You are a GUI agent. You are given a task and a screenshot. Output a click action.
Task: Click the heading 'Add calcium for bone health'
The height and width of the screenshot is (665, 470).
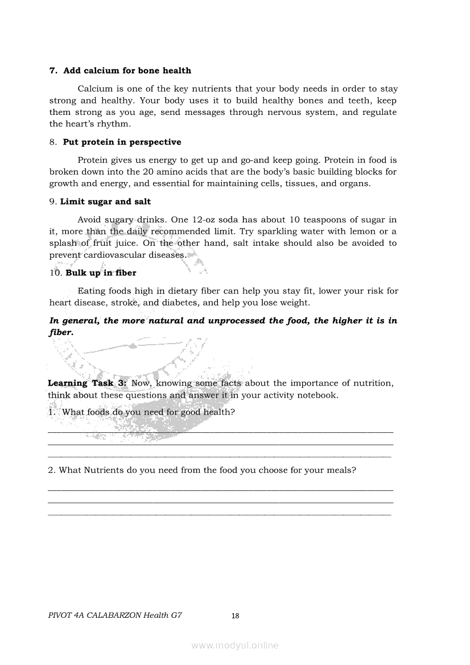click(x=127, y=71)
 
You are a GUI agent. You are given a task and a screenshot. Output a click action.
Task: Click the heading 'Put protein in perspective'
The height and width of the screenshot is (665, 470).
click(x=122, y=142)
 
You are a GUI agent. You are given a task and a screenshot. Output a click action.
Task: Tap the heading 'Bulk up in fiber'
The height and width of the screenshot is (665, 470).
click(x=101, y=273)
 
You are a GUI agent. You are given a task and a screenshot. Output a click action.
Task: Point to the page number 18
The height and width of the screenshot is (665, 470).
click(x=236, y=616)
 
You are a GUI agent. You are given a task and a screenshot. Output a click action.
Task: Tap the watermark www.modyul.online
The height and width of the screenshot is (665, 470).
click(x=235, y=645)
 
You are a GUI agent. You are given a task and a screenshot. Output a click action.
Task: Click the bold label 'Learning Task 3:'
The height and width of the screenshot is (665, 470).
click(x=88, y=383)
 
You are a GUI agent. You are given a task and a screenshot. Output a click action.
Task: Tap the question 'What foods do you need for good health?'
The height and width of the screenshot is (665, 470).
click(x=148, y=412)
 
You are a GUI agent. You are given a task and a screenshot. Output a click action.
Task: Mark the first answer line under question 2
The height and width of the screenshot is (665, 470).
click(x=220, y=490)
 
